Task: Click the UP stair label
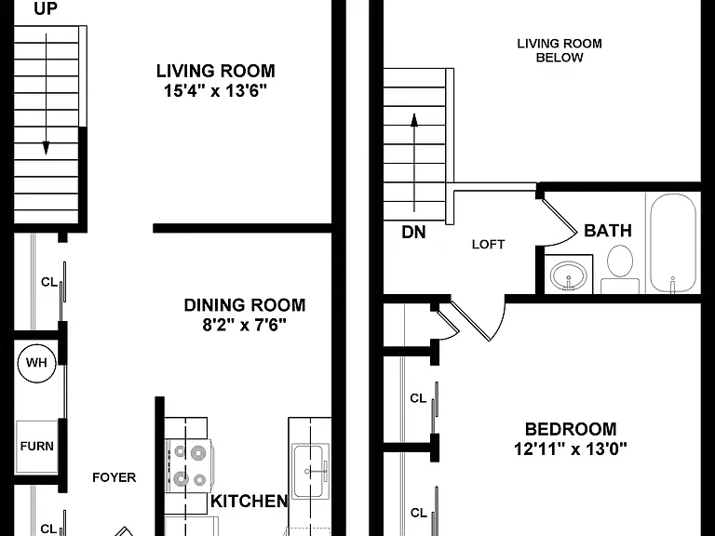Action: point(46,8)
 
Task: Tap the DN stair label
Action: point(413,233)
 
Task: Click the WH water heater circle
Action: point(36,363)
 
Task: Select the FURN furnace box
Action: point(37,447)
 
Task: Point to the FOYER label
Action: point(114,477)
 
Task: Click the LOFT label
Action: point(489,245)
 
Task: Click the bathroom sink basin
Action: point(569,275)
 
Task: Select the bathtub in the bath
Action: point(673,243)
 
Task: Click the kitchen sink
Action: point(310,471)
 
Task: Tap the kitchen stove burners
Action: point(190,466)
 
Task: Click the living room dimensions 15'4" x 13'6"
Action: point(215,91)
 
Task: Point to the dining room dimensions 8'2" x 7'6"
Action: point(245,326)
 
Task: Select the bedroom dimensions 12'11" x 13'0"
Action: point(571,449)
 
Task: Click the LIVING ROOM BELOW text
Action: point(560,50)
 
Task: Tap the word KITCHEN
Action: point(250,502)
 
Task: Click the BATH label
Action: point(608,231)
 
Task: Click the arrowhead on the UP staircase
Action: point(46,148)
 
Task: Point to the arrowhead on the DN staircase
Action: point(414,120)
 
